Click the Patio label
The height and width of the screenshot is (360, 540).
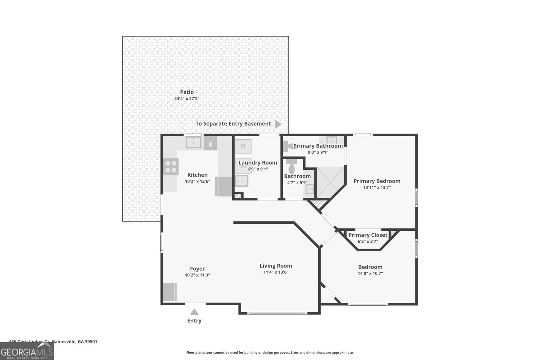[x=187, y=92]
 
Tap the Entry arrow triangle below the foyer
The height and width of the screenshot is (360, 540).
[x=194, y=312]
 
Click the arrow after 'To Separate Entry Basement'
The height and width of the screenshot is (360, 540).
[x=278, y=124]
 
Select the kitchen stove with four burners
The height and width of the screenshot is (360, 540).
[x=171, y=167]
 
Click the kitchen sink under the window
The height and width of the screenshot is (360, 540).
[x=193, y=143]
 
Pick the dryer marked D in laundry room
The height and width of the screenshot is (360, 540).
[x=243, y=146]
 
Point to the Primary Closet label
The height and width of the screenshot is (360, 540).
[x=368, y=235]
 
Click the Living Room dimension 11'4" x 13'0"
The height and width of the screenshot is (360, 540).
[x=276, y=272]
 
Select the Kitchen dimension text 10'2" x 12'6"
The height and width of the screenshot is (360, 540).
[x=197, y=181]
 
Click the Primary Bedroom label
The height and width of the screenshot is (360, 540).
[x=377, y=181]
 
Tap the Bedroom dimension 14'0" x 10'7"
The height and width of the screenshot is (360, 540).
[x=370, y=273]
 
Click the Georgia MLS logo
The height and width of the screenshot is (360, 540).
[x=27, y=351]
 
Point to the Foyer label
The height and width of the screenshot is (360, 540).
[x=197, y=269]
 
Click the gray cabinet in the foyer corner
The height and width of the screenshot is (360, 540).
[x=170, y=292]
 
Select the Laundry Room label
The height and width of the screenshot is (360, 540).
[x=258, y=163]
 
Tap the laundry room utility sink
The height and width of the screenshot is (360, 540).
[x=241, y=181]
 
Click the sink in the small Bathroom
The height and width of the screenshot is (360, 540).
[x=310, y=189]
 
